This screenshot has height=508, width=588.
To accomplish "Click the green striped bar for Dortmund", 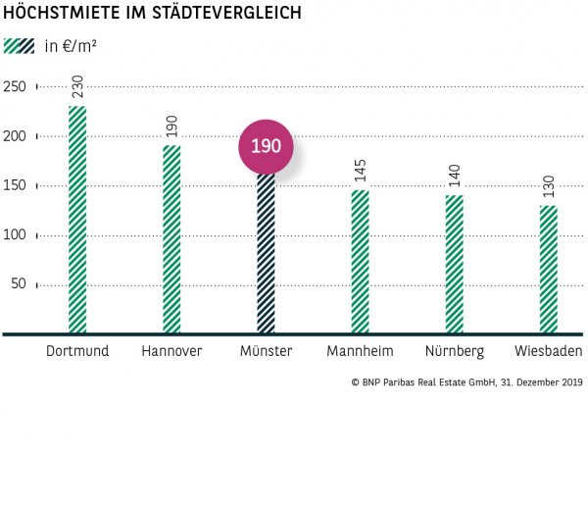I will [x=77, y=221].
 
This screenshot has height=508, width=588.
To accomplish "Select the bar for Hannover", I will [x=171, y=240].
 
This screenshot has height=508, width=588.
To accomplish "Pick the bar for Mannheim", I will [x=360, y=263].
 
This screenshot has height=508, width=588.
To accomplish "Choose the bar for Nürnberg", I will [x=454, y=265].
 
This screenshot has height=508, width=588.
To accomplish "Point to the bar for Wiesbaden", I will [x=548, y=270].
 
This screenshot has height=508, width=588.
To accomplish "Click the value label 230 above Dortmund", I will [x=77, y=85].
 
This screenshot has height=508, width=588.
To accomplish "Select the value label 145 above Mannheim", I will [x=360, y=170].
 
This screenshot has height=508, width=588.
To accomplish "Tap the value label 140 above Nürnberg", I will [x=454, y=175].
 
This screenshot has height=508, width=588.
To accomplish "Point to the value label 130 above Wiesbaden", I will [x=548, y=184].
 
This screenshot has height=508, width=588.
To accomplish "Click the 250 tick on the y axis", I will [x=15, y=86].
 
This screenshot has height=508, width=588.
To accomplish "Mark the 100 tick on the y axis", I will [x=15, y=235].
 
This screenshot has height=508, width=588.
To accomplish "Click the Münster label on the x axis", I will [x=266, y=351].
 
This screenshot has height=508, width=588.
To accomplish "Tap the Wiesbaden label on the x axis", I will [x=548, y=351].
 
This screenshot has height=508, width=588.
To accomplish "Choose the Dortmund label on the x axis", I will [x=77, y=351].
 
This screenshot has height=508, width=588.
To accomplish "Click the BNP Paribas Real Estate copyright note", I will [x=465, y=383].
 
